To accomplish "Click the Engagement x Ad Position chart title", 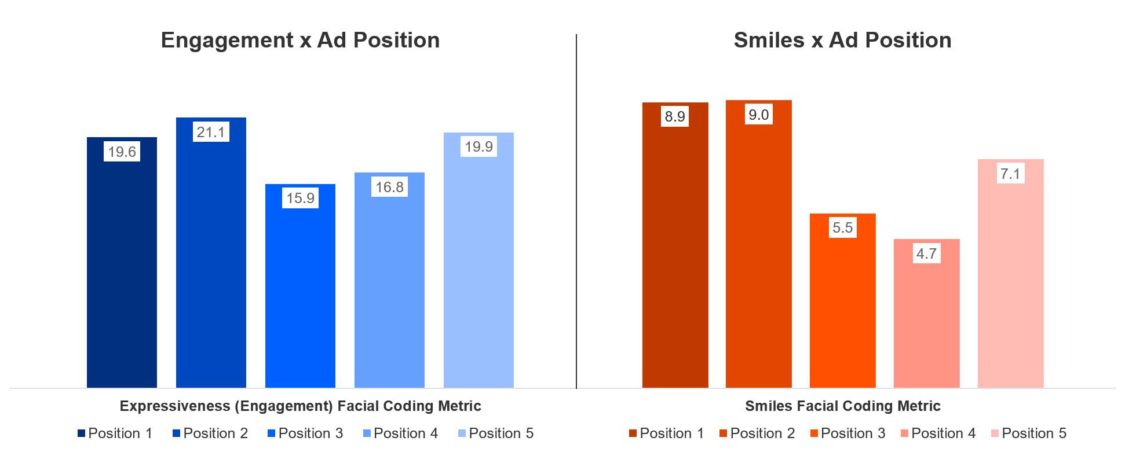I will click(x=300, y=41).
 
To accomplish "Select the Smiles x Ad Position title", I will click(x=842, y=41).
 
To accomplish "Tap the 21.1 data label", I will click(x=211, y=132).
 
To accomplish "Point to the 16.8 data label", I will click(x=389, y=187).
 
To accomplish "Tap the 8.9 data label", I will click(x=675, y=116).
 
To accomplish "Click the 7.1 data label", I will click(x=1010, y=174).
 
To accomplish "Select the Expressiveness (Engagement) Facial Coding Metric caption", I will click(x=300, y=406).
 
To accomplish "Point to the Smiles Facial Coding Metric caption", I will click(x=842, y=406).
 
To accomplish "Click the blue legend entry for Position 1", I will click(x=115, y=433).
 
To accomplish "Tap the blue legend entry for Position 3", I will click(x=305, y=433).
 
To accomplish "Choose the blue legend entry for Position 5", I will click(x=496, y=433).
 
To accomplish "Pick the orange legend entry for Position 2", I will click(x=757, y=433).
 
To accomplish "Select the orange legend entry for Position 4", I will click(x=938, y=433).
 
